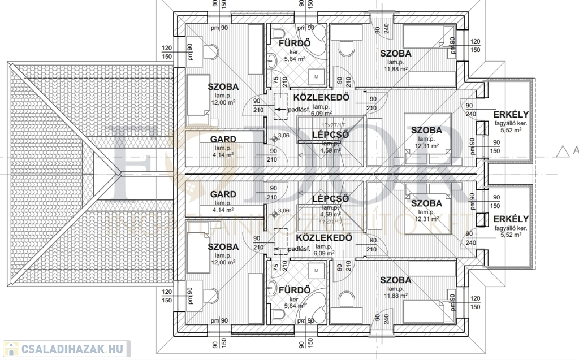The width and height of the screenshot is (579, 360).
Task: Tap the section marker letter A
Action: click(576, 150)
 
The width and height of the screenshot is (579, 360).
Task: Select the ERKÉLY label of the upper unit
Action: click(511, 112)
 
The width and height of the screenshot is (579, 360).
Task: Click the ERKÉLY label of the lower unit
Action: click(511, 219)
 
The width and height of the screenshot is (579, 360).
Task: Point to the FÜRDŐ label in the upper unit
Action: click(295, 43)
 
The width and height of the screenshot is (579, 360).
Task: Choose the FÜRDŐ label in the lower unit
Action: click(295, 290)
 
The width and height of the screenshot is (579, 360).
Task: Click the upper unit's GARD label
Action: click(223, 138)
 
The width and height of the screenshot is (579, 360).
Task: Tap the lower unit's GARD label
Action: click(223, 195)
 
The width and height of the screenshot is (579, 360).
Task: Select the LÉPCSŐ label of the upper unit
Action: click(330, 135)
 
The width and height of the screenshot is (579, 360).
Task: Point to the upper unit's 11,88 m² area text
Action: click(395, 70)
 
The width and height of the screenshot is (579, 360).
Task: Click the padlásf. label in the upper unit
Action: click(298, 110)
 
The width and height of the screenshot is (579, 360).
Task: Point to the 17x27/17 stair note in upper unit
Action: click(333, 125)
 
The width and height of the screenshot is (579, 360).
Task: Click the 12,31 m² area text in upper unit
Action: click(427, 146)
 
